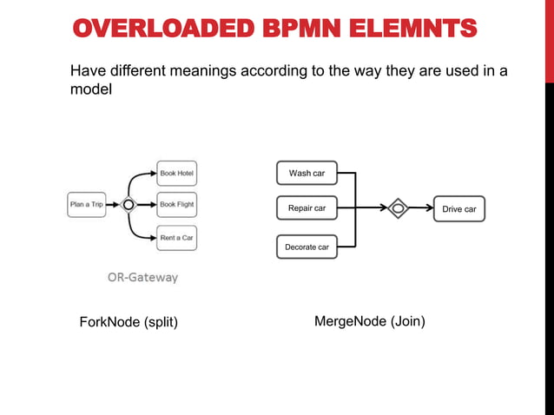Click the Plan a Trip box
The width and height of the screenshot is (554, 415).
click(x=86, y=205)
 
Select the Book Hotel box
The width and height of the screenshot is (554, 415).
click(x=176, y=173)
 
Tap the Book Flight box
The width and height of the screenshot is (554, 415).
click(x=176, y=205)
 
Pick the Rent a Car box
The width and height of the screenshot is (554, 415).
click(x=176, y=237)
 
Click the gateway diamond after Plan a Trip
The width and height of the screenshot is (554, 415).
click(x=129, y=205)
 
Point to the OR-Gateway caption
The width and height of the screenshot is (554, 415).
click(x=142, y=278)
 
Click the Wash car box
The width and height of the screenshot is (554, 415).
click(x=307, y=174)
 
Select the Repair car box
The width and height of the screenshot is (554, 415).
click(x=307, y=208)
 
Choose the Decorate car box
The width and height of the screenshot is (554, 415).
click(x=307, y=247)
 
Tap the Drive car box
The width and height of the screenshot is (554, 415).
click(x=458, y=209)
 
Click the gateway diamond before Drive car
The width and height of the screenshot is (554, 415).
click(x=397, y=208)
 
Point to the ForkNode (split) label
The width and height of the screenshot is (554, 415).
click(x=129, y=322)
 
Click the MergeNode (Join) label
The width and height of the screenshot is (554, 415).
click(x=369, y=321)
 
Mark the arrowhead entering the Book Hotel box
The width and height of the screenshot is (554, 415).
click(x=152, y=173)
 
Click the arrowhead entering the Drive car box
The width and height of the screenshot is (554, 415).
click(x=429, y=208)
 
